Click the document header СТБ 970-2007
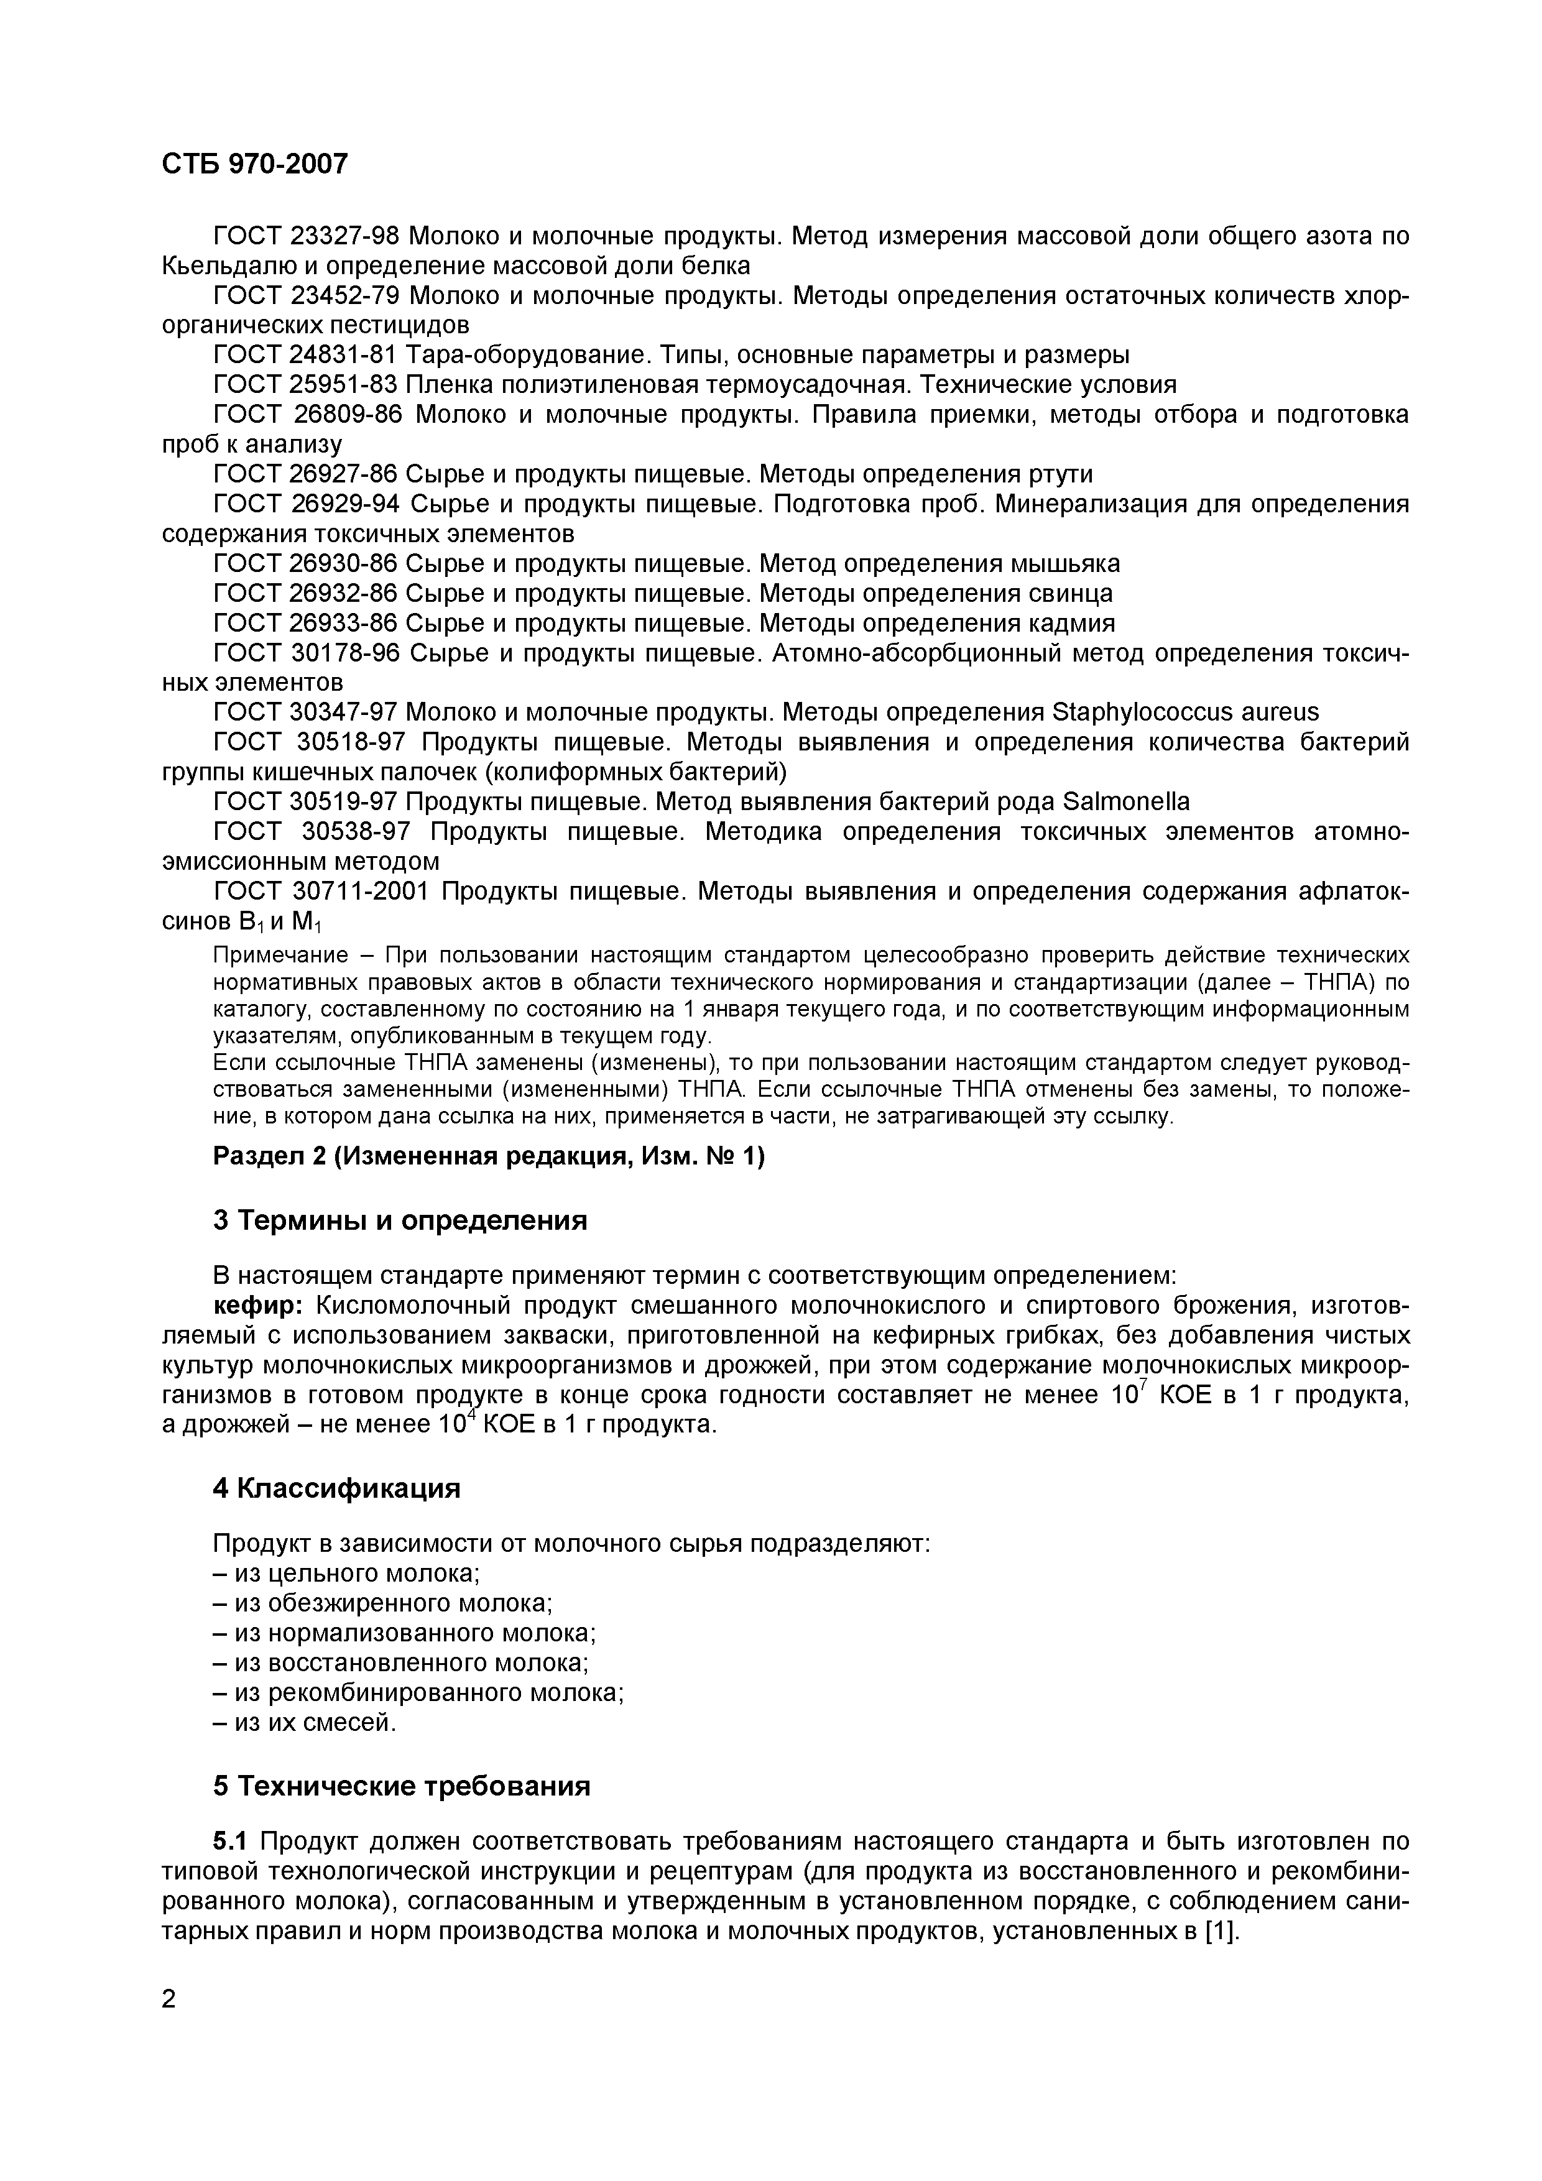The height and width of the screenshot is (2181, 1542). click(255, 164)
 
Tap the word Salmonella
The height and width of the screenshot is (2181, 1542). click(1123, 802)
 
